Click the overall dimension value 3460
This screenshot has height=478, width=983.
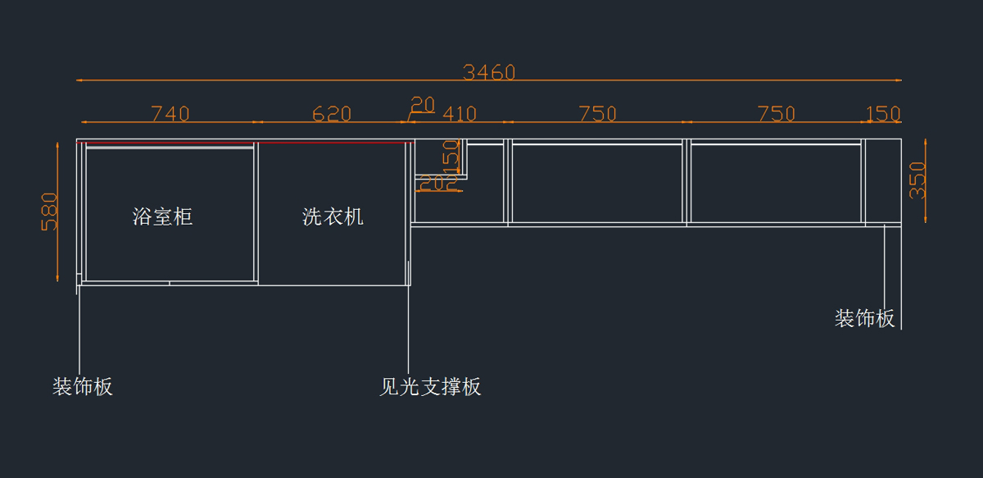[489, 72]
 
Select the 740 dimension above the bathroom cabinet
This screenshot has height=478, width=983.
[170, 114]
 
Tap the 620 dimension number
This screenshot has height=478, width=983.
[332, 114]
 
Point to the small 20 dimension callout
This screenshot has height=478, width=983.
[423, 104]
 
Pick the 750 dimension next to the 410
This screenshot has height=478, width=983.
[597, 114]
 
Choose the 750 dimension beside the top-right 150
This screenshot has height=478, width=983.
[776, 114]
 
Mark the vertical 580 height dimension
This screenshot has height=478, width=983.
[50, 212]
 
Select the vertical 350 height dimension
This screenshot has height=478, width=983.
[917, 180]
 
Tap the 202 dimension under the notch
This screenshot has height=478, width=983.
[439, 184]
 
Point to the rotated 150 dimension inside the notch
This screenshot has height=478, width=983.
[451, 155]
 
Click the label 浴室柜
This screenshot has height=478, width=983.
[163, 216]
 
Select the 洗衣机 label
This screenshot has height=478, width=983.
[333, 216]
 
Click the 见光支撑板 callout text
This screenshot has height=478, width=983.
[430, 387]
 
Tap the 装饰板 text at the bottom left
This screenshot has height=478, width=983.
[83, 387]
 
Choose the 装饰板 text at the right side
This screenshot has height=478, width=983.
[864, 319]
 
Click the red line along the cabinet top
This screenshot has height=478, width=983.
[246, 143]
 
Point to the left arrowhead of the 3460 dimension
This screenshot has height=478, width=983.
[79, 80]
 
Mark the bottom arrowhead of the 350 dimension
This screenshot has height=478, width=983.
[926, 219]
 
